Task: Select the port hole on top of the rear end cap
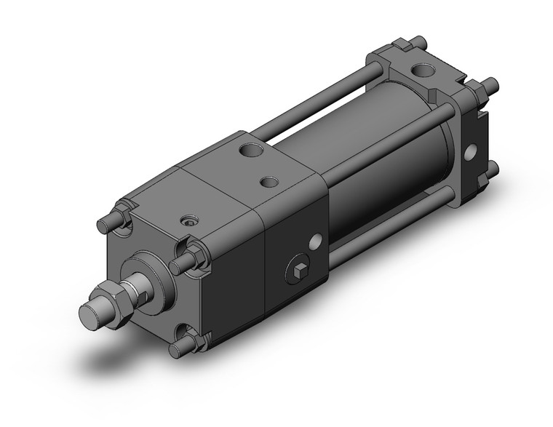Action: click(423, 71)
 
